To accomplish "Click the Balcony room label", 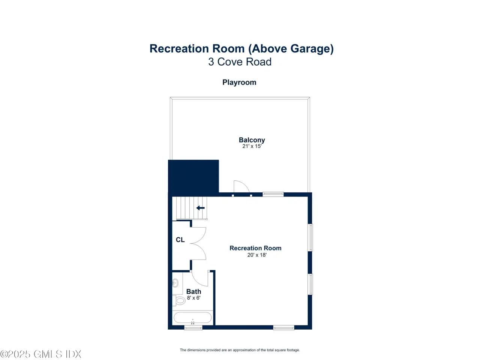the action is click(x=252, y=140).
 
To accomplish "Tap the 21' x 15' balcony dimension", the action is click(x=252, y=146).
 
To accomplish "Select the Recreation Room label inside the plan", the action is click(x=255, y=248).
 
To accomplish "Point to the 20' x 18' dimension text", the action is click(x=257, y=255).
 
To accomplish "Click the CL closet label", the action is click(x=180, y=240).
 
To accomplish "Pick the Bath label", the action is click(x=193, y=292).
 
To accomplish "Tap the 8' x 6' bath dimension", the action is click(x=194, y=298).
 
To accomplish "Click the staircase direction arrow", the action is click(x=201, y=208).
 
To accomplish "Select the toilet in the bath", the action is click(x=179, y=300).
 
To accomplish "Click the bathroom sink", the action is click(x=175, y=283).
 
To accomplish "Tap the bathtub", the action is click(x=193, y=318).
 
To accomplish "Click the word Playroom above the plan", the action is click(x=239, y=82).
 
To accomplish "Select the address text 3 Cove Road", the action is click(x=240, y=62).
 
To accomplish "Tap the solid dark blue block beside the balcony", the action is click(x=193, y=176).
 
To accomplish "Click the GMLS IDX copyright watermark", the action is click(x=40, y=354).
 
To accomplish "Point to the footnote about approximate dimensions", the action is click(x=240, y=350).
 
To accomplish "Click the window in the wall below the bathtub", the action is click(x=193, y=328).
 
